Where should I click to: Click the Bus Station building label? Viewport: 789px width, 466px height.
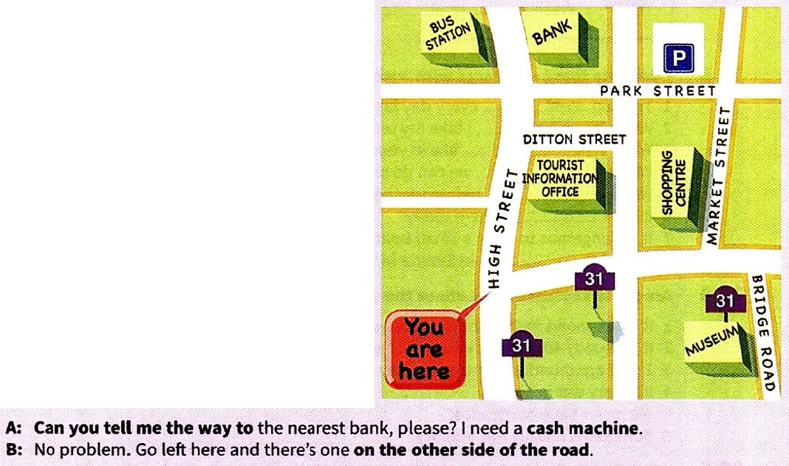(x=448, y=35)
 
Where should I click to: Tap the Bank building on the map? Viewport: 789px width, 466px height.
(x=553, y=34)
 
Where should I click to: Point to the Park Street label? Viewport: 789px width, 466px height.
(x=657, y=91)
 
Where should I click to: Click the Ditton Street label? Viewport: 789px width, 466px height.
(x=574, y=139)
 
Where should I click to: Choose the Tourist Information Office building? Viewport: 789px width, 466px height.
(x=560, y=178)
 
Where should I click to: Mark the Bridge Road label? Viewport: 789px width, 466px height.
(x=762, y=332)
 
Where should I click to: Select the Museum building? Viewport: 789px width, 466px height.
(x=714, y=342)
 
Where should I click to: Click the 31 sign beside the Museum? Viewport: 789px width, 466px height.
(x=725, y=301)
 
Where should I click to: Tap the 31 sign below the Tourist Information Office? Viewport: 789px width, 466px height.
(x=595, y=280)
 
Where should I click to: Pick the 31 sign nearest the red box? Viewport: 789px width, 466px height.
(x=522, y=345)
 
